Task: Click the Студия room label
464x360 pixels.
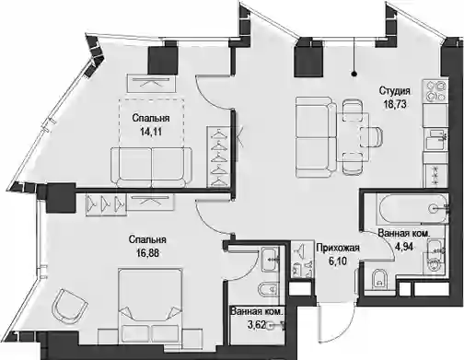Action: [x=394, y=91]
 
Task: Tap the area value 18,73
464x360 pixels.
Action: [x=395, y=104]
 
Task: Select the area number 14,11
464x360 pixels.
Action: [x=151, y=132]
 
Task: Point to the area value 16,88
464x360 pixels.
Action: [x=147, y=253]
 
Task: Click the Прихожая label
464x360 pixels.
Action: [x=338, y=248]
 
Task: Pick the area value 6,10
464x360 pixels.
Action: [x=338, y=261]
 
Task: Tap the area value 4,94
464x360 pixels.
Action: [x=403, y=246]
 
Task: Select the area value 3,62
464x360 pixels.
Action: [x=256, y=325]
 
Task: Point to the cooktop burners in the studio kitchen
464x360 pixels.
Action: [x=435, y=91]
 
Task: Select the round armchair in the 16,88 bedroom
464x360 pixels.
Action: [x=69, y=305]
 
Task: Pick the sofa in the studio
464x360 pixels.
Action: [x=316, y=137]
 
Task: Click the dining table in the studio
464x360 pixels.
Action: [x=354, y=137]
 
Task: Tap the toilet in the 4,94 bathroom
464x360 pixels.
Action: [x=379, y=280]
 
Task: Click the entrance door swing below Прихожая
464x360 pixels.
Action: [x=336, y=322]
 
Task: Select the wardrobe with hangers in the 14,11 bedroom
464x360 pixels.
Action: [x=217, y=157]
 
